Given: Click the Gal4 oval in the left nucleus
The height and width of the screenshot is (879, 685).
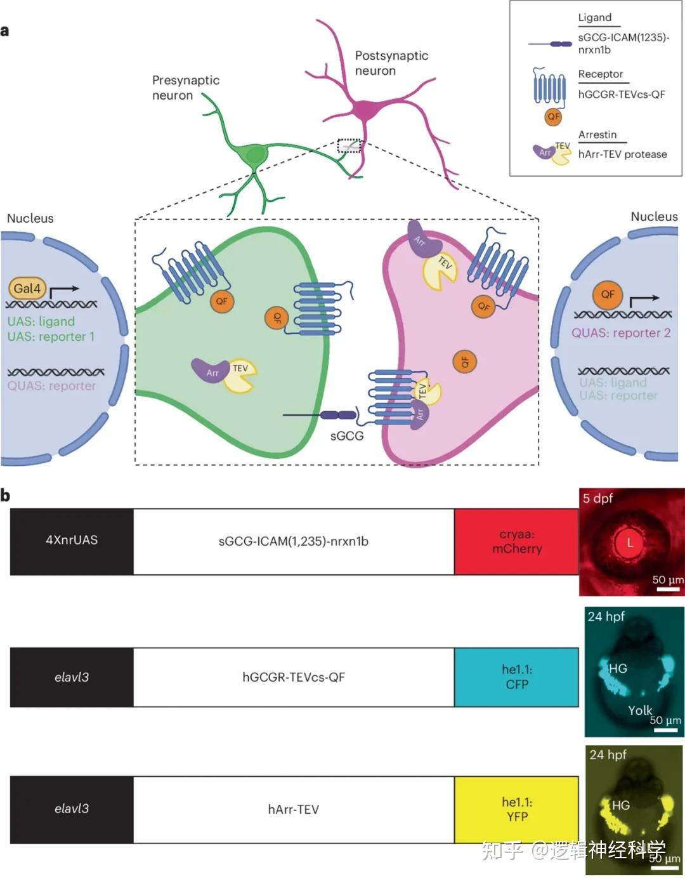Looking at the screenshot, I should coord(27,289).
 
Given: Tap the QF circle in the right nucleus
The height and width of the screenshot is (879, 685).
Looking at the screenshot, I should coord(607,294).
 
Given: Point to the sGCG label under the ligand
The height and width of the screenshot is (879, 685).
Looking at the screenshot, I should coord(346,436).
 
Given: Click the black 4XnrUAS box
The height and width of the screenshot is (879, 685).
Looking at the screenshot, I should coord(72,541).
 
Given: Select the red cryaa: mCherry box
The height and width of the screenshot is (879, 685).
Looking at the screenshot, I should coord(516,541).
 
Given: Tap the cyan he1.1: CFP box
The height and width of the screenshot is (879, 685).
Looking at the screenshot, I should coord(516,677).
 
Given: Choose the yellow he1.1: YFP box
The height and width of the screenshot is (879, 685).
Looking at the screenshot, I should coord(516,809).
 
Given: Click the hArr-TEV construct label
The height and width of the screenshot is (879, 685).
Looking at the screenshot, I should coord(293,809).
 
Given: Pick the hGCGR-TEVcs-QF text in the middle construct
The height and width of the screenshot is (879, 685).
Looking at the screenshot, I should coord(293,677).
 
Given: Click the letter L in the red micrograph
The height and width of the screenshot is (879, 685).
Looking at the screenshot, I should coord(630,543).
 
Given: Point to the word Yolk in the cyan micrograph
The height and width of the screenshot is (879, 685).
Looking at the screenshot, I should coord(639,710).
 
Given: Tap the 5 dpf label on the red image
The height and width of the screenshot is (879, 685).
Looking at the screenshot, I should coord(597,499).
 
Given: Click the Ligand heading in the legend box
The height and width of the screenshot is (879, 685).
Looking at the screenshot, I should coord(594,18).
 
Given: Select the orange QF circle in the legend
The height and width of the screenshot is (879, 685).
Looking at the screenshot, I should coord(554,117).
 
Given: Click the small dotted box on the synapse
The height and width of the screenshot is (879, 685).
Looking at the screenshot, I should coord(349,146).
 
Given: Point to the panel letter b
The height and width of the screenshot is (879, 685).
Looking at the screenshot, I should coord(5,495).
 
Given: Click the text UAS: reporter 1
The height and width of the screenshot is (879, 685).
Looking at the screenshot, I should coord(51,337).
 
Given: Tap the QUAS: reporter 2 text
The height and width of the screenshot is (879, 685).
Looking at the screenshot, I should coord(620,333).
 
